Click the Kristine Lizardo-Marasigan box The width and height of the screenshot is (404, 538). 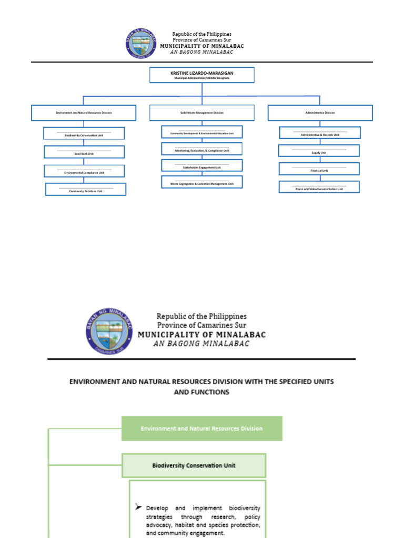pyautogui.click(x=202, y=75)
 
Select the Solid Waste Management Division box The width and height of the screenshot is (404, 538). pyautogui.click(x=202, y=112)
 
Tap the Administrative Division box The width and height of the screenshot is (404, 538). pyautogui.click(x=320, y=112)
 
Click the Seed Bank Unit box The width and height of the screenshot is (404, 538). pyautogui.click(x=84, y=152)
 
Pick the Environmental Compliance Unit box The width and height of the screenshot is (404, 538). pyautogui.click(x=84, y=171)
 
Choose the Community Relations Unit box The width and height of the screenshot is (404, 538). pyautogui.click(x=86, y=189)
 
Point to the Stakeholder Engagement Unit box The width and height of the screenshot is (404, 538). pyautogui.click(x=202, y=165)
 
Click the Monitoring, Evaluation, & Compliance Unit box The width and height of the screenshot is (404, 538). pyautogui.click(x=202, y=149)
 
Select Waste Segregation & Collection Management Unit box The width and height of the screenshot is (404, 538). pyautogui.click(x=202, y=182)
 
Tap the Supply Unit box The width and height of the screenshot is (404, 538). pyautogui.click(x=319, y=151)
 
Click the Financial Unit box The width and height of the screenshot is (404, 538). pyautogui.click(x=319, y=169)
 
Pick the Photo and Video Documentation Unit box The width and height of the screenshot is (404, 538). pyautogui.click(x=319, y=187)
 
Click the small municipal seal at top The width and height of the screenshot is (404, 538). pyautogui.click(x=141, y=43)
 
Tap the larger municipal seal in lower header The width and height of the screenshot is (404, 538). pyautogui.click(x=109, y=332)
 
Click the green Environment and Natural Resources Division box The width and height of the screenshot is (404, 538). pyautogui.click(x=202, y=429)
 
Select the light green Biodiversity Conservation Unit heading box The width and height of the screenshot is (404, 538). pyautogui.click(x=194, y=465)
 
